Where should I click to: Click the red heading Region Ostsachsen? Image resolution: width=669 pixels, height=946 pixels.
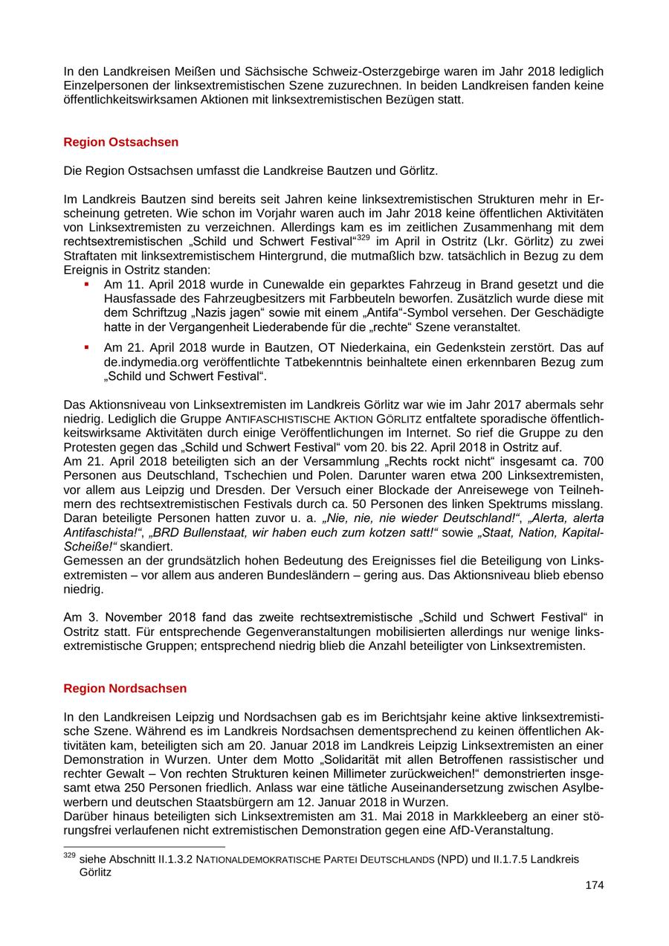point(120,141)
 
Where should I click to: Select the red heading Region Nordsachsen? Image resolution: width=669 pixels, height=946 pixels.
point(125,688)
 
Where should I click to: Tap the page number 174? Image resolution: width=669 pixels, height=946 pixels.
point(594,885)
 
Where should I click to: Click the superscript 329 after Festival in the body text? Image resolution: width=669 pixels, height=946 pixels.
point(363,237)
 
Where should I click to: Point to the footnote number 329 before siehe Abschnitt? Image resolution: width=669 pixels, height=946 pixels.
point(70,856)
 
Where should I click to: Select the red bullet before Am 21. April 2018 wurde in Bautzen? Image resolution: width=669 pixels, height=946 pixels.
point(86,347)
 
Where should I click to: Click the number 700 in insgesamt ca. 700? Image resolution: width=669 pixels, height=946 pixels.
point(592,461)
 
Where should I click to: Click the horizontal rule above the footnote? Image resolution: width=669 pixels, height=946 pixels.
point(144,847)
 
